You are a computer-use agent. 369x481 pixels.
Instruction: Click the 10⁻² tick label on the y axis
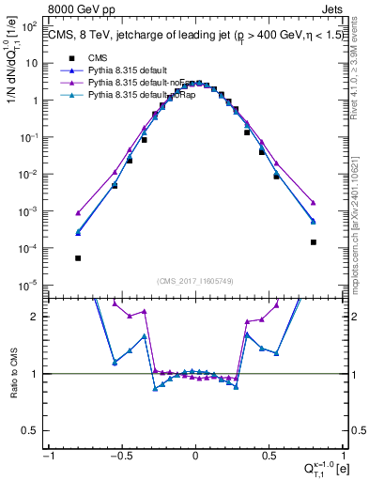click(x=32, y=175)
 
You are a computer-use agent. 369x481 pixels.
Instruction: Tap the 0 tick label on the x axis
click(x=195, y=455)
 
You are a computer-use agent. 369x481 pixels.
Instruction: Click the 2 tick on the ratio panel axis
click(x=37, y=317)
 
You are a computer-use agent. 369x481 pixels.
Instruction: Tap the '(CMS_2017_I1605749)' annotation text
click(x=195, y=281)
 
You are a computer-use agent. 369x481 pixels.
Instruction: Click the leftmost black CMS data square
click(x=78, y=258)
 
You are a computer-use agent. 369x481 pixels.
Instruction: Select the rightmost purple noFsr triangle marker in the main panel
click(x=314, y=202)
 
